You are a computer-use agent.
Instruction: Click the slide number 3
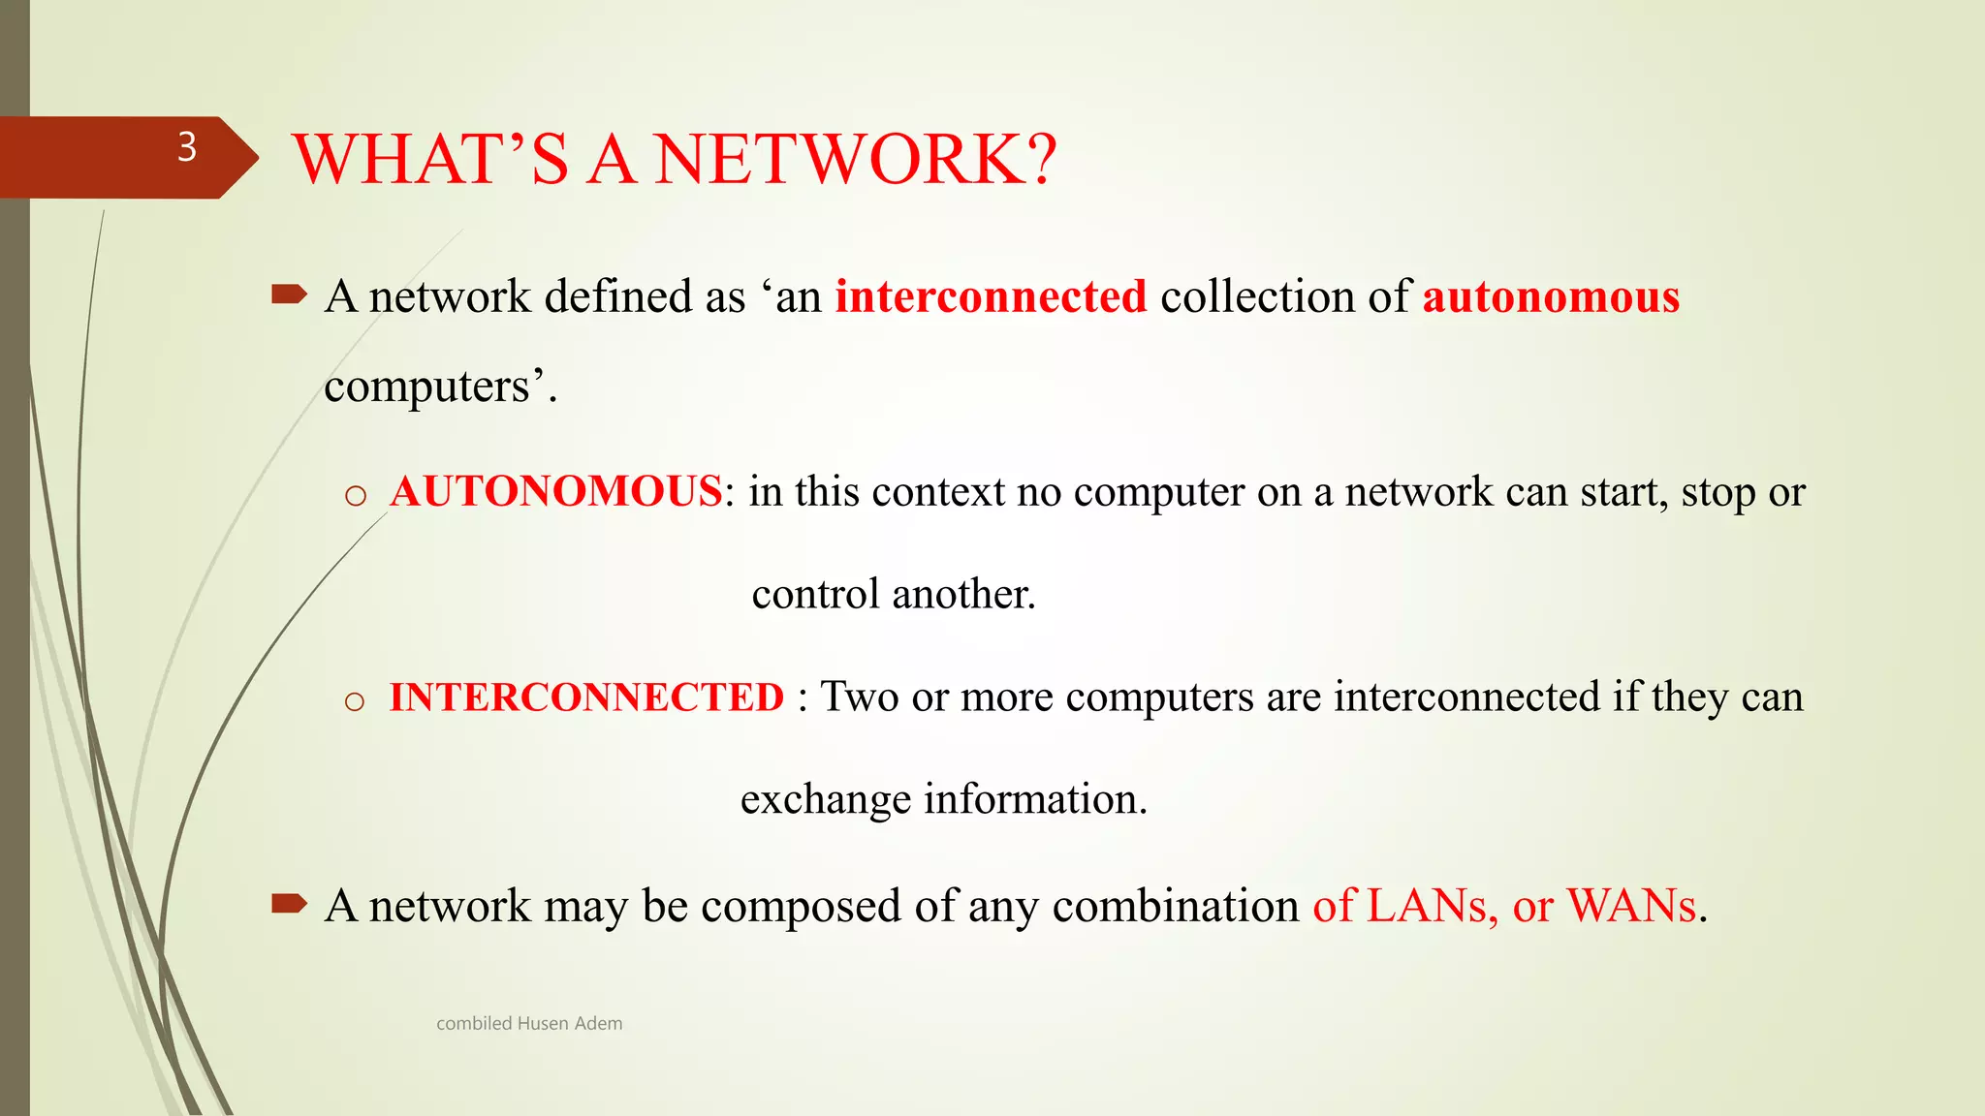tap(187, 147)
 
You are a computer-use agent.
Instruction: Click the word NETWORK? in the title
tap(855, 160)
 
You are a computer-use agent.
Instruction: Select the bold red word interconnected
tap(991, 296)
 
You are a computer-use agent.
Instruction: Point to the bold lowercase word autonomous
tap(1551, 296)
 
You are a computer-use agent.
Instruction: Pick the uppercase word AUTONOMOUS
tap(555, 492)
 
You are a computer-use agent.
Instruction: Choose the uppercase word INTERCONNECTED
tap(586, 697)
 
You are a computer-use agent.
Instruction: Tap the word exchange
tap(826, 800)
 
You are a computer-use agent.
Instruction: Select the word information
tap(1035, 800)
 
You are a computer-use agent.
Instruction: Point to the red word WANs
tap(1632, 907)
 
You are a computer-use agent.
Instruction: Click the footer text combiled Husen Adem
tap(529, 1024)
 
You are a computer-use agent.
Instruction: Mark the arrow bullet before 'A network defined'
tap(289, 294)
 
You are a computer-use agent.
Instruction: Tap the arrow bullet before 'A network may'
tap(289, 905)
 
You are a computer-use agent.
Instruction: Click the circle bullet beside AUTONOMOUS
tap(356, 496)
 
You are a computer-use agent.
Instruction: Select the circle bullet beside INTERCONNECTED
tap(355, 701)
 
